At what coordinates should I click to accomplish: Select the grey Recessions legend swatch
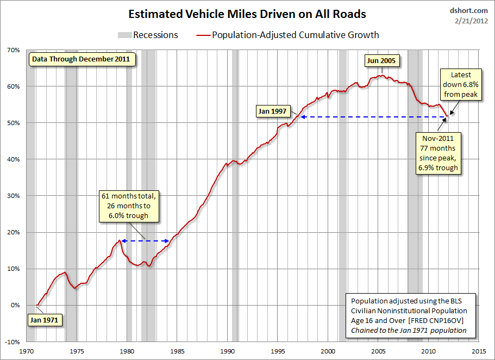pos(125,35)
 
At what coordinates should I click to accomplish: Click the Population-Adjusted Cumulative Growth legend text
pos(296,35)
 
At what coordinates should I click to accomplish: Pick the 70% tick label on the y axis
pos(13,50)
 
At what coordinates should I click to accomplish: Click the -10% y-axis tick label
pos(11,342)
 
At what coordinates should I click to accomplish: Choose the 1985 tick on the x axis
pos(177,351)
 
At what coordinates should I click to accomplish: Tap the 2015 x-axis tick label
pos(479,351)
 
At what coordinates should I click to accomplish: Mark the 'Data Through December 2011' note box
pos(80,59)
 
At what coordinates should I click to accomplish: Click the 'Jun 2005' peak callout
pos(381,60)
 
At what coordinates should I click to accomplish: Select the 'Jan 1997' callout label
pos(272,111)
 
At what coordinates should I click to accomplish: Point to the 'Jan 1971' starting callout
pos(43,320)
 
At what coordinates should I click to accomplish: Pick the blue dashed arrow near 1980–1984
pos(145,241)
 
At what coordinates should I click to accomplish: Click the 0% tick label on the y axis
pos(15,305)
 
